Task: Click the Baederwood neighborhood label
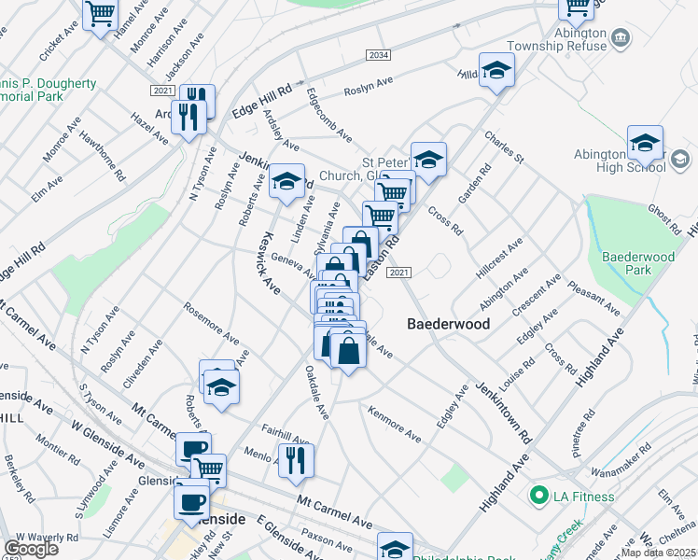448,324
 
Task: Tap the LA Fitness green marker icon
537,494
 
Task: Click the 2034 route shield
378,56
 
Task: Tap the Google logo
31,549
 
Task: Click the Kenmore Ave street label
394,423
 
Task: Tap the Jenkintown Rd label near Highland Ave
503,411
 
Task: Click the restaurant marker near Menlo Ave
296,459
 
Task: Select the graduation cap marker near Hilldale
497,70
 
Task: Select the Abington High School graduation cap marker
645,143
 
